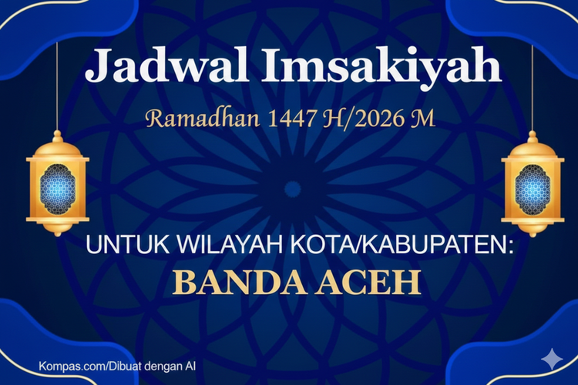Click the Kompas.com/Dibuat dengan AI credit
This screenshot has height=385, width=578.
(x=116, y=366)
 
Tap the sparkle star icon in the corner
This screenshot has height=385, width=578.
(x=552, y=359)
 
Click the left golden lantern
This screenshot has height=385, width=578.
(x=58, y=185)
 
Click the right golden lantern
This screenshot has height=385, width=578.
(x=532, y=185)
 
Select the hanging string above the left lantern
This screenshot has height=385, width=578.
(x=58, y=85)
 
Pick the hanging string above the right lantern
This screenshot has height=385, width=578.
(x=532, y=85)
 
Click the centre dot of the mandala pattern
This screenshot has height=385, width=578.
(x=292, y=189)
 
